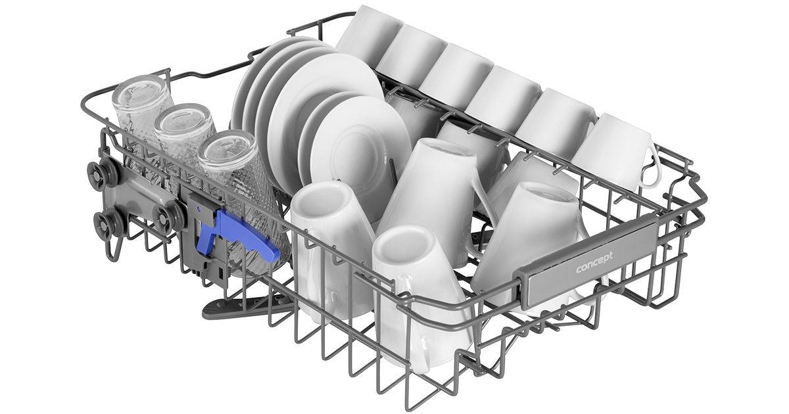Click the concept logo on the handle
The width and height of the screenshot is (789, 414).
(x=594, y=262)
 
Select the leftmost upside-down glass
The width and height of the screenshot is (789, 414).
(x=141, y=116)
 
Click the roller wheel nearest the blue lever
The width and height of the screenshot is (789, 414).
(x=169, y=218)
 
